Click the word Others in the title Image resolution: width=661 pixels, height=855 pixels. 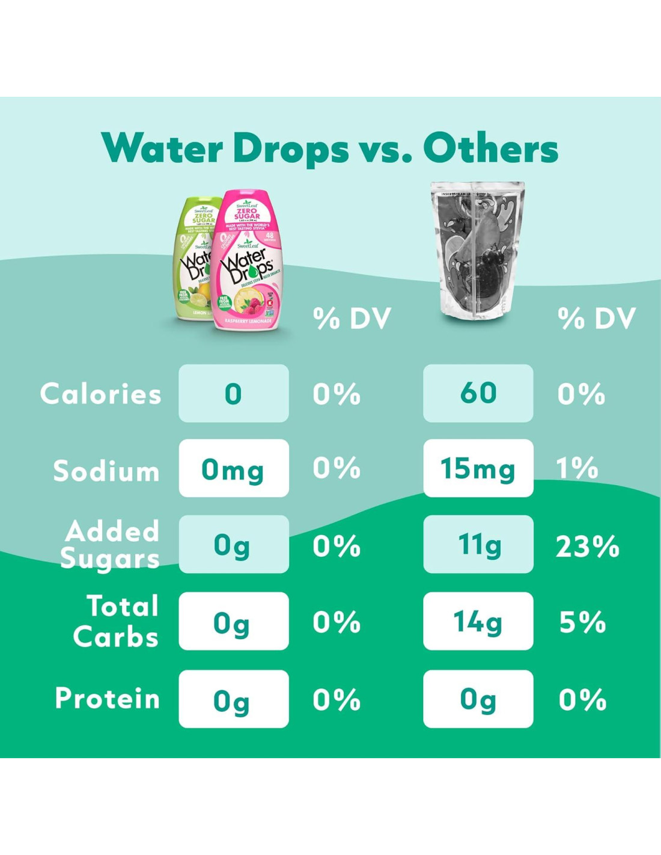pos(490,149)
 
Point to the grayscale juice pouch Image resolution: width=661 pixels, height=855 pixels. pos(478,250)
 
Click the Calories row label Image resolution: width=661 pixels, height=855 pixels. pos(101,394)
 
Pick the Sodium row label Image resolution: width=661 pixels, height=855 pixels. pos(106,470)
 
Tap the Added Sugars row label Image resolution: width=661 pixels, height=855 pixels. pos(111,545)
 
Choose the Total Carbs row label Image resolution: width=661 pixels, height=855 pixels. pos(117,621)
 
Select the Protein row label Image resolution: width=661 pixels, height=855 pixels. pos(108,699)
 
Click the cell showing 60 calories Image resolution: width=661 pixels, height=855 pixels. pos(478,393)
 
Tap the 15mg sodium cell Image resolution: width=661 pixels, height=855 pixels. pos(478,468)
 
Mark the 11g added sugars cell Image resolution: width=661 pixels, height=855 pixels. pos(478,544)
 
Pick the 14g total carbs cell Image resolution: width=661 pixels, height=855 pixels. pos(478,621)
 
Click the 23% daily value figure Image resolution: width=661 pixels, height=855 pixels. pos(587,547)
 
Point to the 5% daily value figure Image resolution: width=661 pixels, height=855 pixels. pos(582,622)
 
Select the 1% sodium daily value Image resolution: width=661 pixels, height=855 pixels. pos(577,468)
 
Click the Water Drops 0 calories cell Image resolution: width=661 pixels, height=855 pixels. pos(233,393)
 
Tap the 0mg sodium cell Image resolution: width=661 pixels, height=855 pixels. pos(233,468)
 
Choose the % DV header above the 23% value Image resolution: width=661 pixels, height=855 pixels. pos(596,319)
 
